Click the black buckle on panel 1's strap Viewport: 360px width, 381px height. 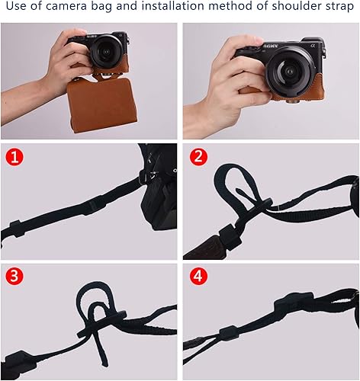tap(95, 204)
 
